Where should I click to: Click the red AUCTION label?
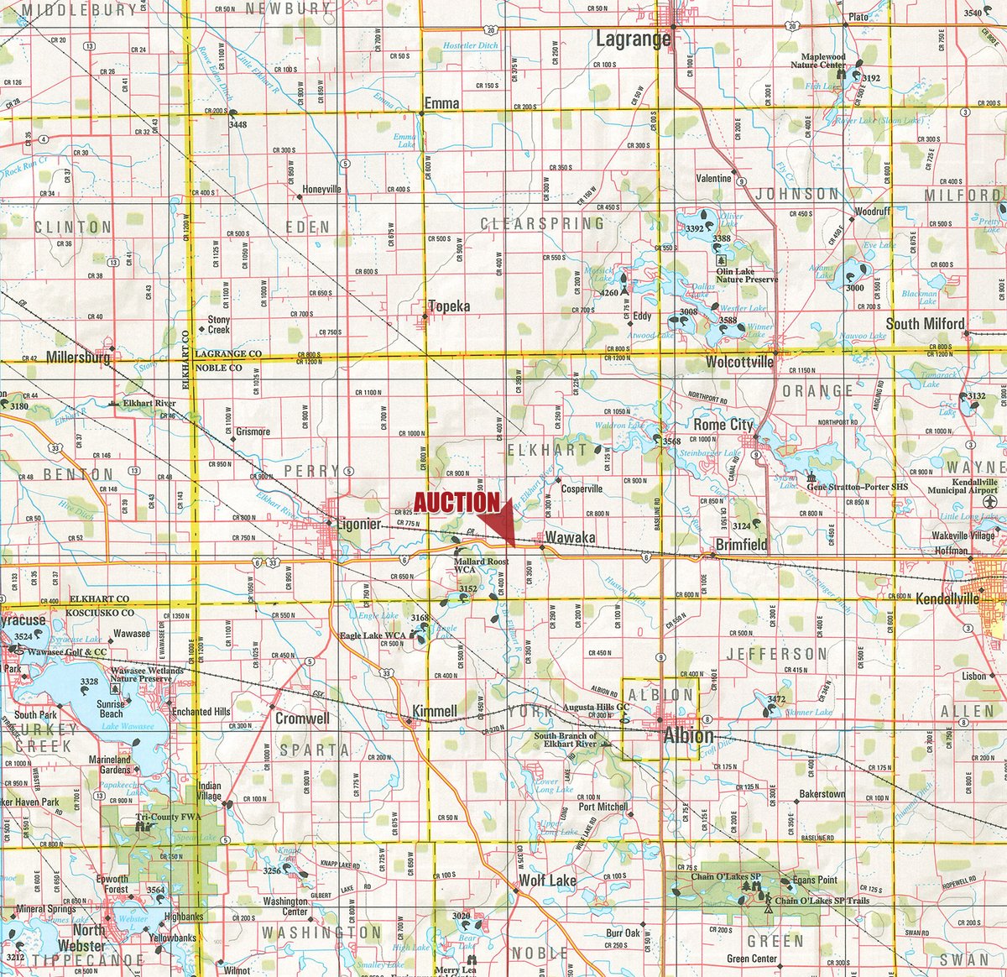point(457,502)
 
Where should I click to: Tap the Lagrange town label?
point(633,39)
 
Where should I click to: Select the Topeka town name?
point(449,306)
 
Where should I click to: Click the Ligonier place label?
point(358,524)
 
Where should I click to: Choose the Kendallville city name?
point(947,600)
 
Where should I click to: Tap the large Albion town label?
point(688,736)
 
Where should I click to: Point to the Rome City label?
point(723,425)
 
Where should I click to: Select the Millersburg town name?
point(79,358)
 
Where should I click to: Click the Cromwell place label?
point(303,719)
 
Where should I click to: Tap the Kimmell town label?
point(434,712)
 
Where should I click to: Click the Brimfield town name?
point(741,544)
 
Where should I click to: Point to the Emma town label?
point(441,103)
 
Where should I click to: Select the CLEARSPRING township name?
point(542,223)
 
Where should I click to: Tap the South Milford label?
point(925,324)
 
